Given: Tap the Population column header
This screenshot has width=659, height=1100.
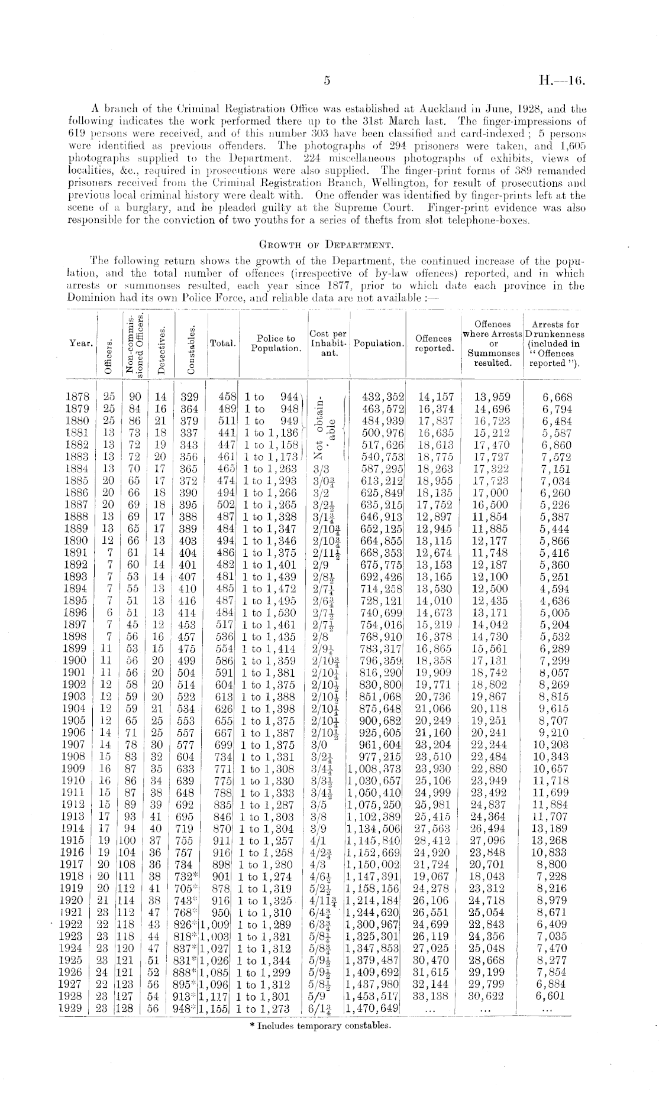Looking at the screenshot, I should pyautogui.click(x=379, y=344).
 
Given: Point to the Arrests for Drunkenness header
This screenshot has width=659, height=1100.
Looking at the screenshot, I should pyautogui.click(x=555, y=343).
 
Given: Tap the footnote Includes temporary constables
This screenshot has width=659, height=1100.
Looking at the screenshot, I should pyautogui.click(x=320, y=1026).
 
